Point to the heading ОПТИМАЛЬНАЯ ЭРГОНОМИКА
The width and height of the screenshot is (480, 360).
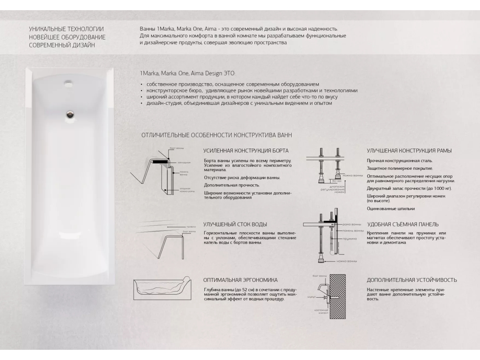pos(241,280)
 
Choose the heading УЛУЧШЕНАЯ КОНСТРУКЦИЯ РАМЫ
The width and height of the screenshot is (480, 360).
pos(409,151)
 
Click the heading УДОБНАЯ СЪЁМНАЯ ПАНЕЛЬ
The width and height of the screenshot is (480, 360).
pos(403,224)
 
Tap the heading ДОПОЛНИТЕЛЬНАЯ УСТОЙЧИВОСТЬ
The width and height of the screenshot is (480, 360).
pos(412,280)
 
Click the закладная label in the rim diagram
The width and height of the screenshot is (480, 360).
pos(184,162)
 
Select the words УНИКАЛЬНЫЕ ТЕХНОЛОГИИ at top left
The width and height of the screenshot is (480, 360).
pos(66,29)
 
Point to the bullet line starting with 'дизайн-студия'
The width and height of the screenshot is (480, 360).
pos(238,103)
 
